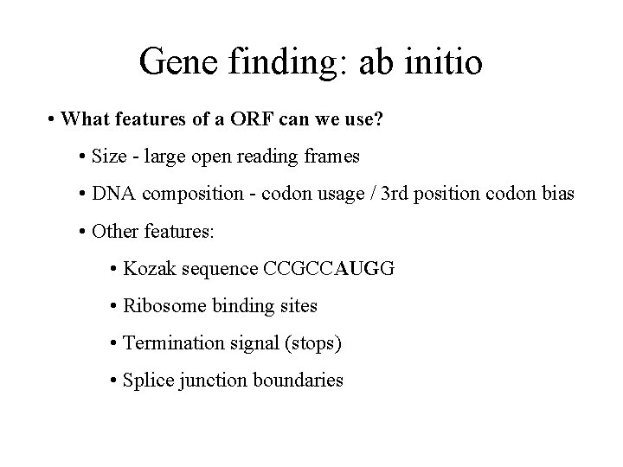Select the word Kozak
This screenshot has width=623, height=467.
pyautogui.click(x=148, y=268)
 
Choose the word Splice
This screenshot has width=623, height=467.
pyautogui.click(x=146, y=380)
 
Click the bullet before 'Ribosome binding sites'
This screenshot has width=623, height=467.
pyautogui.click(x=115, y=305)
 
